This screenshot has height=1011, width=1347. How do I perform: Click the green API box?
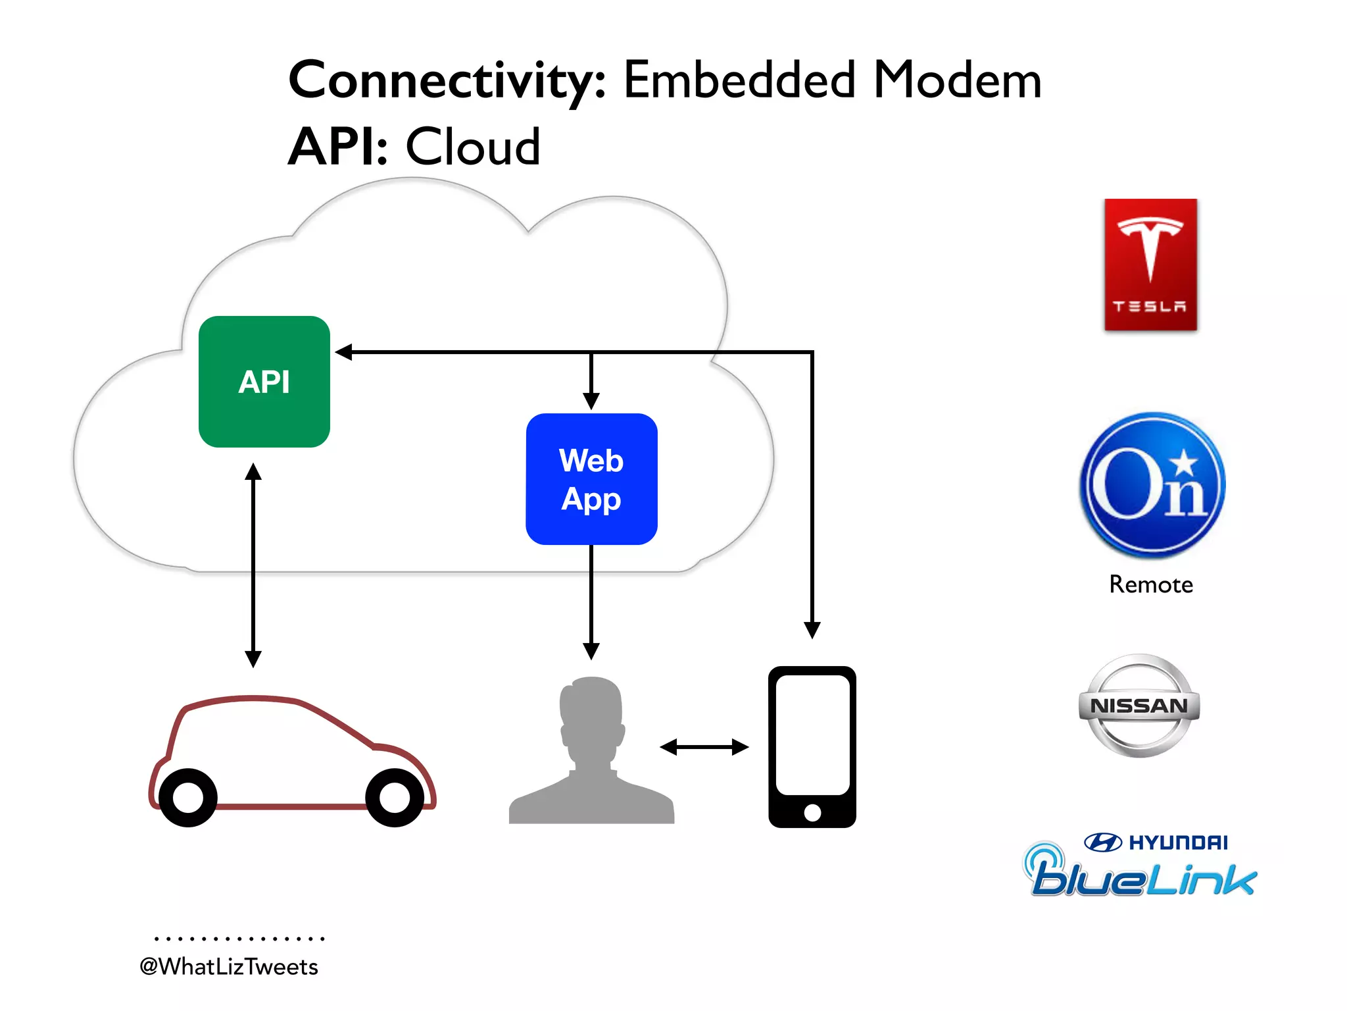pos(264,382)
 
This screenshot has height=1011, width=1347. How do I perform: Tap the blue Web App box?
pos(591,479)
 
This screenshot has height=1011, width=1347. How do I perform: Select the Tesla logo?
pos(1150,265)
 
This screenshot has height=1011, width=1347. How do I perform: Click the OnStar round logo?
pos(1152,486)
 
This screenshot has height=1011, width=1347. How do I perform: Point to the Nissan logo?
pos(1139,706)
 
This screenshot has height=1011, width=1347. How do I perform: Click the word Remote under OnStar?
pos(1151,584)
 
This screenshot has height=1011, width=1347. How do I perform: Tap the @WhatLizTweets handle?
pos(229,966)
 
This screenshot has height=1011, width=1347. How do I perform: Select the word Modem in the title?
pos(957,80)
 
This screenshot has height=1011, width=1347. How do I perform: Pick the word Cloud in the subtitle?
pos(472,146)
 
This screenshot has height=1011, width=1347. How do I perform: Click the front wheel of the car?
pos(395,798)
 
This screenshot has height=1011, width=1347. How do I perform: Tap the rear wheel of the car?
pos(188,798)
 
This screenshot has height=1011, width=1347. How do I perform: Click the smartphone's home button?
pos(812,812)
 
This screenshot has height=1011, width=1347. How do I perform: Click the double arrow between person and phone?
pos(704,747)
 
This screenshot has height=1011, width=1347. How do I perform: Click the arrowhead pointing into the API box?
pos(344,352)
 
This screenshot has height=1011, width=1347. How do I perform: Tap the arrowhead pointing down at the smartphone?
pos(812,629)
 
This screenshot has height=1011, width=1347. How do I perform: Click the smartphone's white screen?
pos(812,734)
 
